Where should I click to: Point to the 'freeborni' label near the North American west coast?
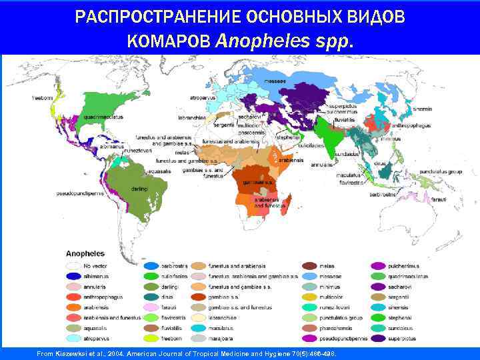(x=43, y=98)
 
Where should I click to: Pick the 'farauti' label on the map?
(x=439, y=200)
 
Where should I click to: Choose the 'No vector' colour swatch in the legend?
(x=73, y=267)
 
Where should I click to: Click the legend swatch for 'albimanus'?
(x=73, y=277)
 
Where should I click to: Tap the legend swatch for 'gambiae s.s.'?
(x=198, y=297)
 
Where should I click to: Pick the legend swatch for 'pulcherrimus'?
(x=378, y=267)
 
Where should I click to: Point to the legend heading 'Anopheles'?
(x=85, y=253)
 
